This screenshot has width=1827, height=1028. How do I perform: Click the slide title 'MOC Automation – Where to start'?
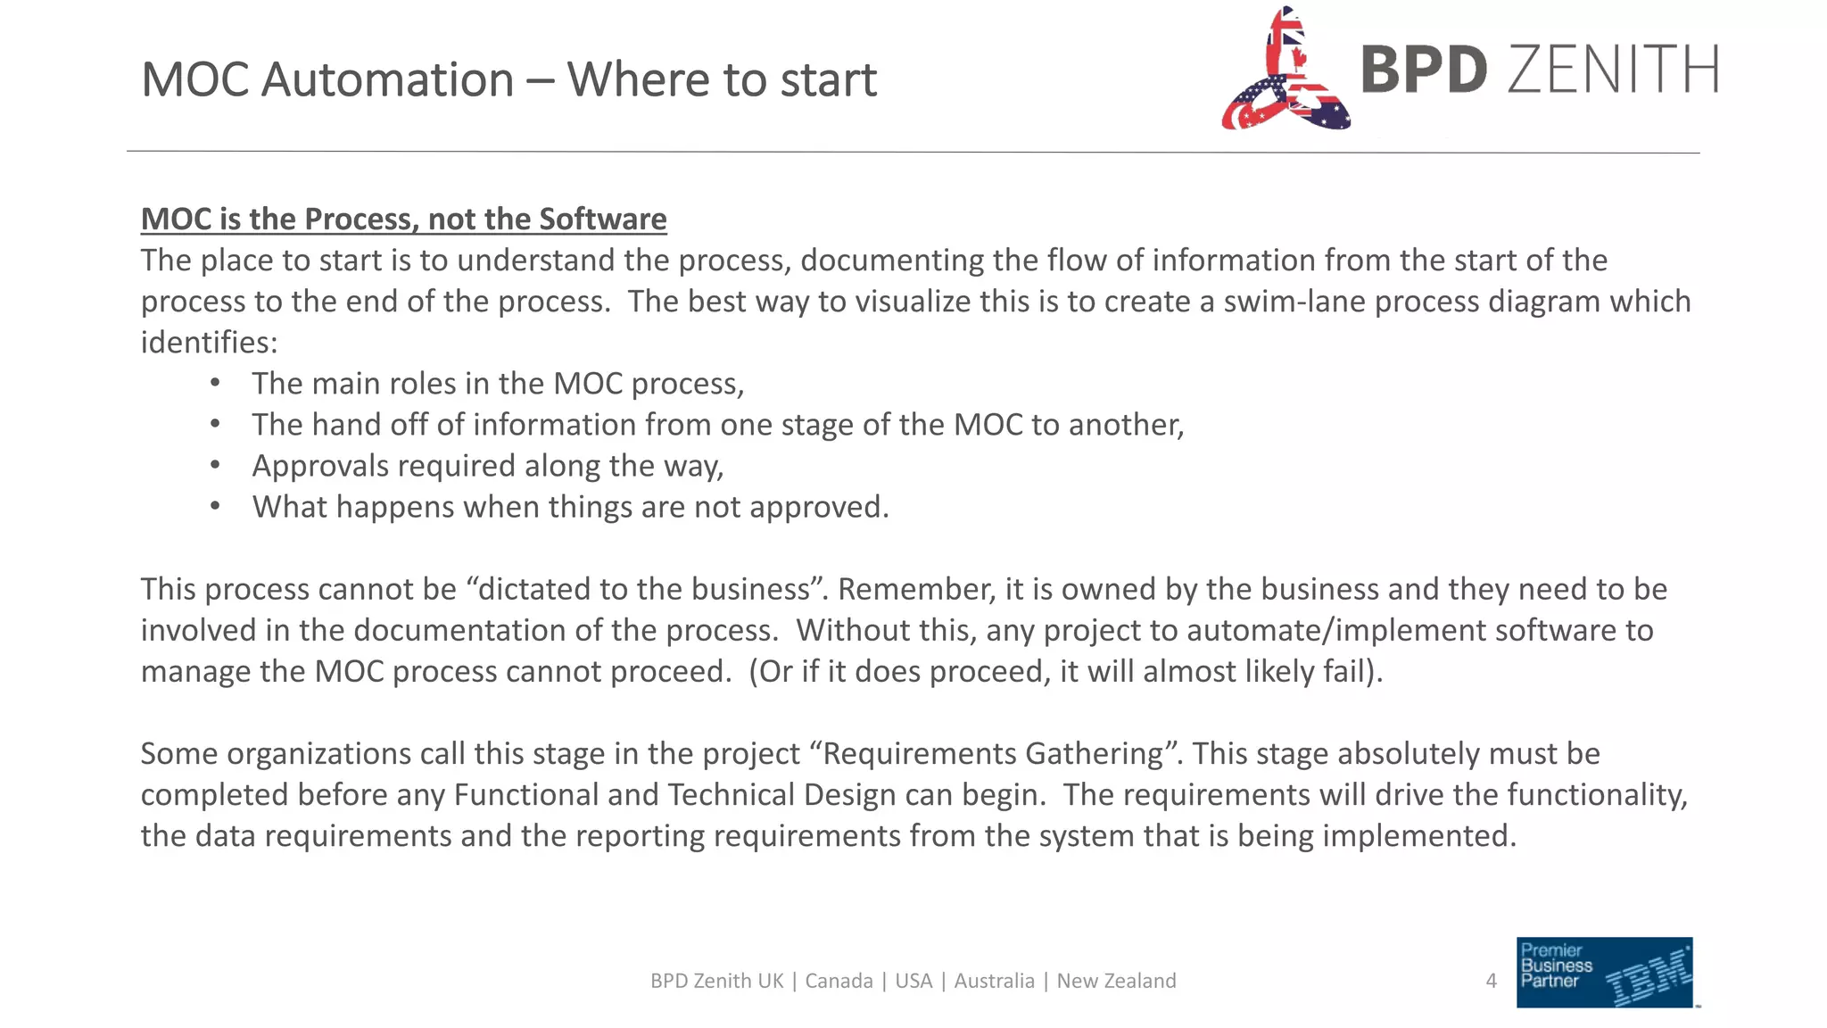click(x=508, y=79)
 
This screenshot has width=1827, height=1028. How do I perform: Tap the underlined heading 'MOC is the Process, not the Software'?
click(x=403, y=220)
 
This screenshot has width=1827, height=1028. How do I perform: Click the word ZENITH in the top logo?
click(x=1613, y=70)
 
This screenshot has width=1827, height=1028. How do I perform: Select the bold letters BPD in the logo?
click(x=1424, y=70)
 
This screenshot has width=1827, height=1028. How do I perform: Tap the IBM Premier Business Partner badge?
click(x=1604, y=973)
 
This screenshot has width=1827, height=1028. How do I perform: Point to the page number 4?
click(x=1491, y=982)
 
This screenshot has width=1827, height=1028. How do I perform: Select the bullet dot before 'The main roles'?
click(x=215, y=384)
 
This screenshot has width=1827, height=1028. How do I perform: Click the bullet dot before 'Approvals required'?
click(x=215, y=466)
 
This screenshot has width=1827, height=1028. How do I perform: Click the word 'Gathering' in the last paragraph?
click(x=1094, y=754)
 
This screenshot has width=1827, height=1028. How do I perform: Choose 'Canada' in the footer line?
click(x=839, y=982)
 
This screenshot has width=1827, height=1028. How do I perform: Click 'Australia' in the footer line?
click(x=994, y=982)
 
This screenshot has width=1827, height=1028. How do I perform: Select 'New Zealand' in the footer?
click(x=1116, y=982)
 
